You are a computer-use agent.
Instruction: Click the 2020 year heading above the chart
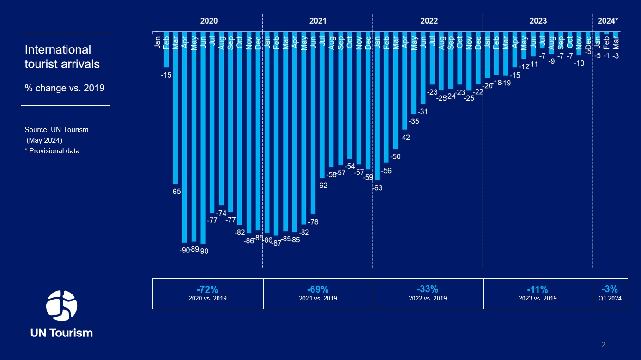[x=209, y=21]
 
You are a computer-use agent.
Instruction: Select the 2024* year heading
[x=607, y=21]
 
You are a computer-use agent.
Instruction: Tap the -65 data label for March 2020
[x=175, y=191]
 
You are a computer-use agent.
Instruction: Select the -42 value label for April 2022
[x=405, y=138]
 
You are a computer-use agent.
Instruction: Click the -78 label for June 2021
[x=313, y=222]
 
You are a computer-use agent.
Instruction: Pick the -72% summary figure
[x=207, y=289]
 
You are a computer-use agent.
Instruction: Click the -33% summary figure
[x=428, y=289]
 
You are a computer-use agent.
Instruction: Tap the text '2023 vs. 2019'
[x=538, y=298]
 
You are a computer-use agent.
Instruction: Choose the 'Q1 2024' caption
[x=610, y=298]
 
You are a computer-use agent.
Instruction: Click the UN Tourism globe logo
[x=61, y=306]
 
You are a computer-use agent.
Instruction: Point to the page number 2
[x=603, y=345]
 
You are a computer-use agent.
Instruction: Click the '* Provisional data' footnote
[x=52, y=151]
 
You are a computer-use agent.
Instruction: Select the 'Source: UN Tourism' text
[x=56, y=130]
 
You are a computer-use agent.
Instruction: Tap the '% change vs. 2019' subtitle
[x=65, y=88]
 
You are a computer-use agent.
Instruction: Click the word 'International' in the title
[x=58, y=49]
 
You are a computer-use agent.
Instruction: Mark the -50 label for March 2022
[x=395, y=156]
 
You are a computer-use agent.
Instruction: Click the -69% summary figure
[x=318, y=289]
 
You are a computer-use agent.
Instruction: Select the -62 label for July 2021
[x=322, y=186]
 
